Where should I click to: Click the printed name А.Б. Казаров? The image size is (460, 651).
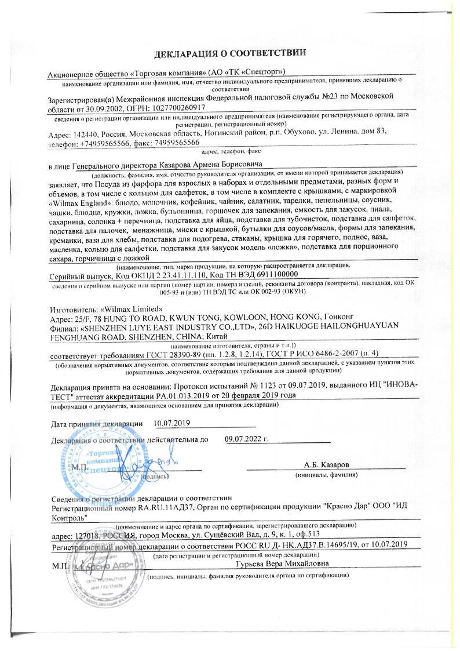click(x=327, y=465)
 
